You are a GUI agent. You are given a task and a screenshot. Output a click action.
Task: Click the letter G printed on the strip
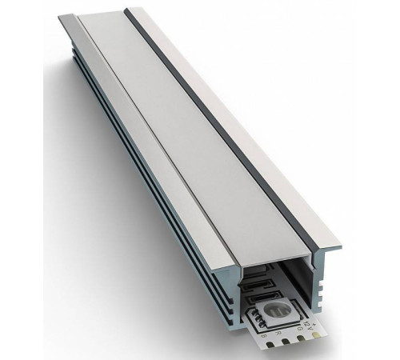point(299,328)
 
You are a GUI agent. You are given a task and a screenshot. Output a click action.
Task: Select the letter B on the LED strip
point(263,337)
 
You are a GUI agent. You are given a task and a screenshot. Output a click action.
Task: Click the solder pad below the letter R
point(285,342)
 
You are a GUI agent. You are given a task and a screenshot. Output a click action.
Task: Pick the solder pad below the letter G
point(302,338)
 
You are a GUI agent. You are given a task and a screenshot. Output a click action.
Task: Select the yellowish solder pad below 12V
point(317,334)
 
